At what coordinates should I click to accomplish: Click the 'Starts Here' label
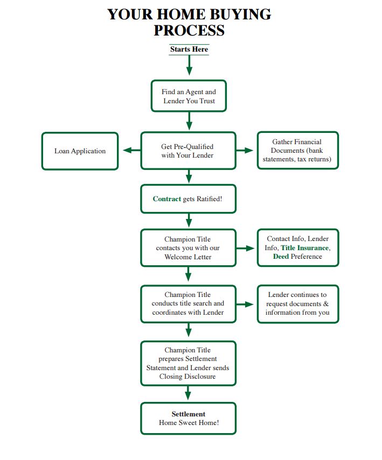click(189, 49)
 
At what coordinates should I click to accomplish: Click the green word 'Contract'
click(166, 199)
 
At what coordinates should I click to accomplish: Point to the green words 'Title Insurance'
click(305, 248)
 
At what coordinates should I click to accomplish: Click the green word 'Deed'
click(281, 257)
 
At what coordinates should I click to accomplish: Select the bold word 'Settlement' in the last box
click(189, 414)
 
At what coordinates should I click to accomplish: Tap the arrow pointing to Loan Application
click(131, 151)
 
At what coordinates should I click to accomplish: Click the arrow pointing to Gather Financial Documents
click(245, 151)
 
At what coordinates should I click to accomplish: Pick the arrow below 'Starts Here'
click(189, 65)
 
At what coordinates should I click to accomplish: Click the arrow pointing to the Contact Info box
click(245, 249)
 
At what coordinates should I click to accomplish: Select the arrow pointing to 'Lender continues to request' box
click(245, 305)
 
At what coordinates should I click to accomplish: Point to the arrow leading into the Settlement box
click(188, 393)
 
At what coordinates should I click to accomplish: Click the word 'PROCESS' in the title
click(189, 30)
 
